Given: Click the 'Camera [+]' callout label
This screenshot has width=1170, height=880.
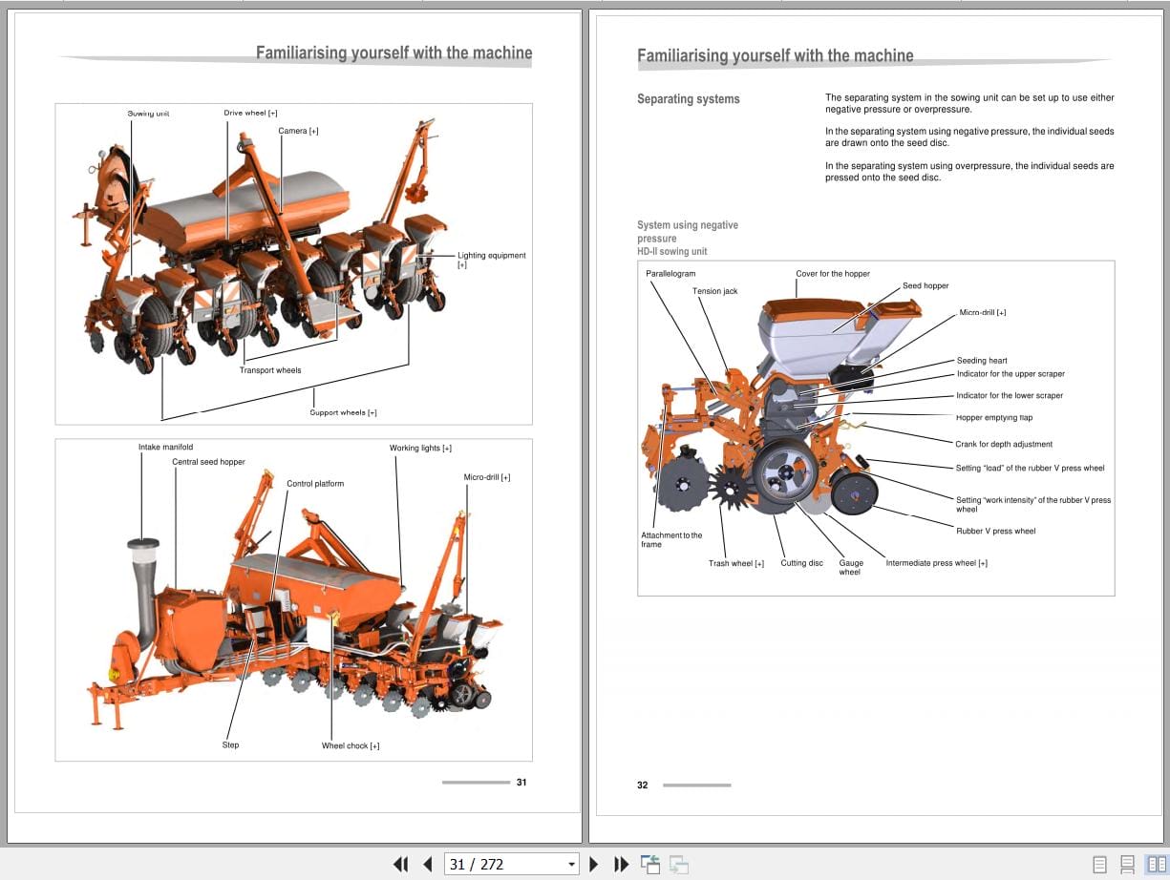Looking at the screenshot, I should click(298, 131).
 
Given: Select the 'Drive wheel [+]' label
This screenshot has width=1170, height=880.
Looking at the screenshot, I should click(250, 113).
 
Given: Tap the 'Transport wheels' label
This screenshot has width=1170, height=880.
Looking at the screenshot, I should click(270, 370).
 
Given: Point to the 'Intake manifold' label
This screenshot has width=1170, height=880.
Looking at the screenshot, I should click(165, 447).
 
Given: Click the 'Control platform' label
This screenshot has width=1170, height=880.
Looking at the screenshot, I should click(315, 484).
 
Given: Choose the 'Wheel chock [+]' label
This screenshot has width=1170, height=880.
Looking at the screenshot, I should click(351, 745).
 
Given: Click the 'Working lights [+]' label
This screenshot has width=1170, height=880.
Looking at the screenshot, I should click(420, 448).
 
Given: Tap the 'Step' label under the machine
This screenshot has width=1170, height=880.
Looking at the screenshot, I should click(230, 744).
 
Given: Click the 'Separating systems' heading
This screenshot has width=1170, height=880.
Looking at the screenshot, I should click(688, 99).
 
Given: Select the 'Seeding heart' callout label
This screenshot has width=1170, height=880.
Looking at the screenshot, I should click(982, 361).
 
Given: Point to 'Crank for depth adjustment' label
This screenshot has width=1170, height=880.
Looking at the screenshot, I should click(1004, 444).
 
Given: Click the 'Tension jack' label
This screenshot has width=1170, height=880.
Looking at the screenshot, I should click(714, 291).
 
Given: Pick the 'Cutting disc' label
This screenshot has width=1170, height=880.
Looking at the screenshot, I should click(801, 563).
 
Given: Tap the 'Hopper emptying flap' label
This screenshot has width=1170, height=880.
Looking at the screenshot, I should click(994, 417).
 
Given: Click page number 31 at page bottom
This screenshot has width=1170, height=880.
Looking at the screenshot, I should click(521, 782).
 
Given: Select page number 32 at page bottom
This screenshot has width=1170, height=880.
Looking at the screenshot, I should click(642, 785).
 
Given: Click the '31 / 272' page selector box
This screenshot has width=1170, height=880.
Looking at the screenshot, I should click(512, 864).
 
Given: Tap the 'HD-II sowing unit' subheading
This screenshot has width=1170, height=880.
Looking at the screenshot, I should click(672, 251).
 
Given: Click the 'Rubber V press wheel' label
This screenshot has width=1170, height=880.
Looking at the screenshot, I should click(995, 531).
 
